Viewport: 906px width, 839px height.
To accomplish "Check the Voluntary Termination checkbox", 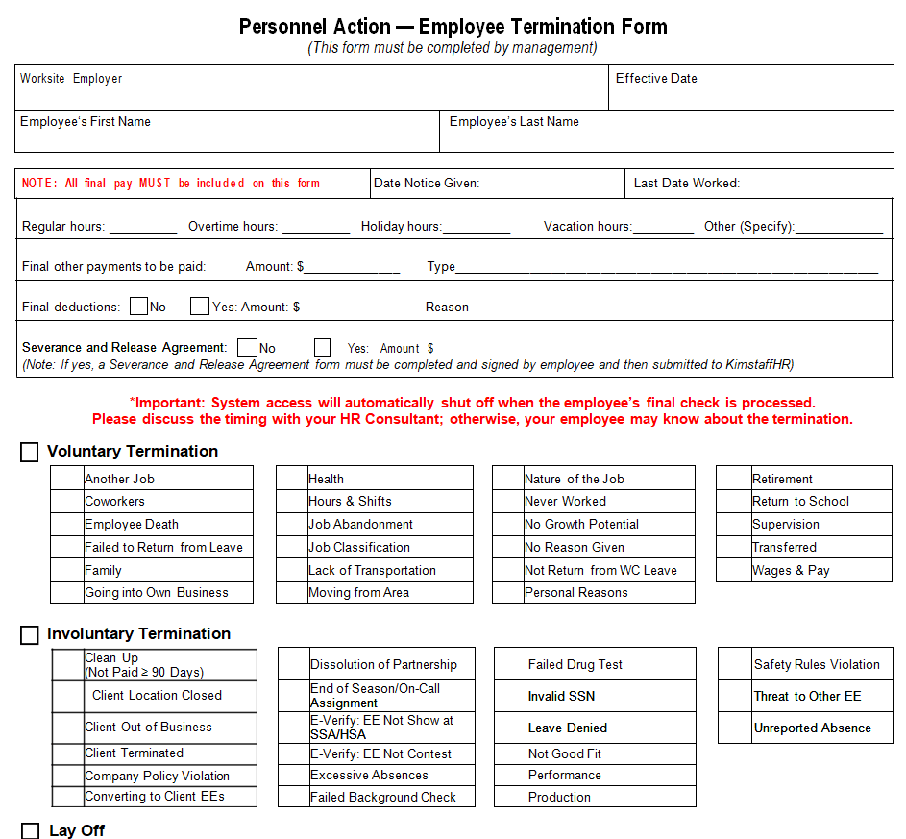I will click(x=30, y=452).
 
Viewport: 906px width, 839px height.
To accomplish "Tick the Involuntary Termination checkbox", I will click(x=30, y=634).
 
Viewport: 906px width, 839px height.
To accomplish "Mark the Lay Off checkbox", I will click(x=31, y=831).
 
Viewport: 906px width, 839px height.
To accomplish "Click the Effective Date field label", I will click(x=656, y=79).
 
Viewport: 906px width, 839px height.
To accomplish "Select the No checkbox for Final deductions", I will click(x=139, y=307).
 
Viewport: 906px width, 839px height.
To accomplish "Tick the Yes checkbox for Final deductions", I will click(x=200, y=307).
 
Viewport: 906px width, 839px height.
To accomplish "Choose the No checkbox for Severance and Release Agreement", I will click(x=248, y=348).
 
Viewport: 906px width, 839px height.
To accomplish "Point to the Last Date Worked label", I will click(x=686, y=184).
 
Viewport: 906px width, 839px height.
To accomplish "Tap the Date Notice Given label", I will click(x=427, y=184).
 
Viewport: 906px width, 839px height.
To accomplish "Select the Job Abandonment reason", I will click(x=360, y=525).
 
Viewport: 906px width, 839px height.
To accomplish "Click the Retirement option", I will click(x=782, y=479).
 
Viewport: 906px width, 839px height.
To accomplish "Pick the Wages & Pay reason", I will click(x=791, y=571).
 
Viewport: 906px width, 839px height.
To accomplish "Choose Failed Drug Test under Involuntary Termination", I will click(x=575, y=664).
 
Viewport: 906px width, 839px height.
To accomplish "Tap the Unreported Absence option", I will click(x=812, y=728).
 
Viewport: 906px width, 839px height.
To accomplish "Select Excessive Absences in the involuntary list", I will click(x=369, y=776).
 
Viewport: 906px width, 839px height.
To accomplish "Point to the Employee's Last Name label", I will click(x=514, y=122).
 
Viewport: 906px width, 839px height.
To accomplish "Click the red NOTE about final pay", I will click(x=171, y=184).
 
